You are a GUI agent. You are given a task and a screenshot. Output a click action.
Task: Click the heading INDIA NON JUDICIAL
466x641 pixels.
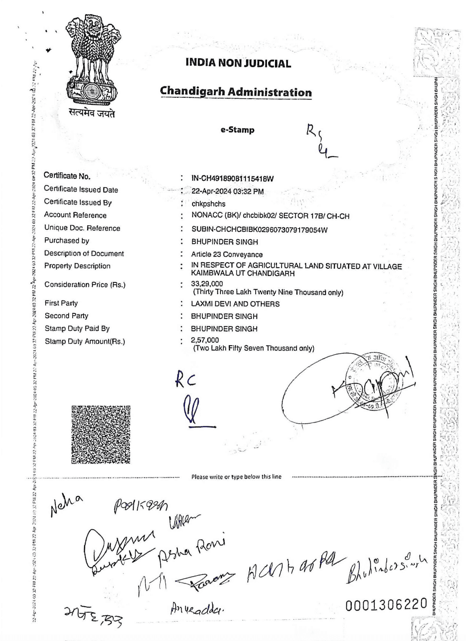(238, 63)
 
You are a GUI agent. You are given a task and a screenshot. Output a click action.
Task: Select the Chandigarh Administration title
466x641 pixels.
(236, 92)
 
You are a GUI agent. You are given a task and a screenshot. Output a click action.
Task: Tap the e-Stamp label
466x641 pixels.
(237, 130)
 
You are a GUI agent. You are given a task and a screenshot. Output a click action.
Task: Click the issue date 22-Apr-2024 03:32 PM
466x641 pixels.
(227, 192)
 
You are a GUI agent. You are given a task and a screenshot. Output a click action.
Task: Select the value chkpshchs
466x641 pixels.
(208, 204)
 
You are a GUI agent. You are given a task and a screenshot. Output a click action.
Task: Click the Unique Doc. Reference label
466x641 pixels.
(82, 228)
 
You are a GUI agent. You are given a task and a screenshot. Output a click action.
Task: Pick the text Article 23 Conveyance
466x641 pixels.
(227, 255)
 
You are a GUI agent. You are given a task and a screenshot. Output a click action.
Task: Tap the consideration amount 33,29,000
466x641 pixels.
(207, 284)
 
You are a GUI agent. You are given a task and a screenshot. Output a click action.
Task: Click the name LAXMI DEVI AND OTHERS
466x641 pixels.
(235, 304)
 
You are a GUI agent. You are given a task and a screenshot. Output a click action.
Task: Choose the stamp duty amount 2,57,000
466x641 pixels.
(205, 340)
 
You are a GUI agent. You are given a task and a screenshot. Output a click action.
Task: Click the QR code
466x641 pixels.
(101, 434)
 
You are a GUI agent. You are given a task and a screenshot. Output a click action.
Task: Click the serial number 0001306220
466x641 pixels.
(386, 604)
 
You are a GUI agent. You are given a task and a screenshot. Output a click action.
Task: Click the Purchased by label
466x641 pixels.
(67, 241)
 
